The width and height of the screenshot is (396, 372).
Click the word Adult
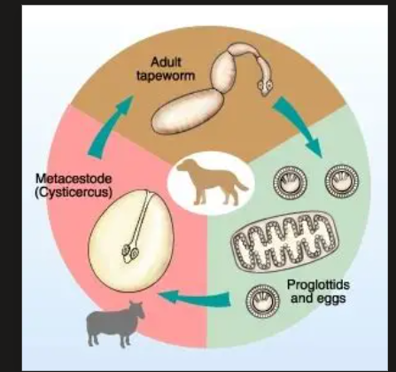[x=166, y=62]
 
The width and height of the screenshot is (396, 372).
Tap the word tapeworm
[x=166, y=76]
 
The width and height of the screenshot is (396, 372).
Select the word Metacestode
[x=74, y=179]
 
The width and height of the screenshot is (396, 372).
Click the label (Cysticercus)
[x=74, y=192]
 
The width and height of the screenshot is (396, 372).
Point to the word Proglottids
[x=318, y=285]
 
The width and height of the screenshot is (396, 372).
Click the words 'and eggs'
[x=318, y=298]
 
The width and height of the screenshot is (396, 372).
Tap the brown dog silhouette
[x=212, y=182]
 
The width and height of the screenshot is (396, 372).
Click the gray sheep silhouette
[x=115, y=324]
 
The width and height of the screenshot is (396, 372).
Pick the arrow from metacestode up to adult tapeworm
[x=110, y=124]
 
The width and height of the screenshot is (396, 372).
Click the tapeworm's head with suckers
[x=265, y=86]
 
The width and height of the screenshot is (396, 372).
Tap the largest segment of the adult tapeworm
[x=188, y=111]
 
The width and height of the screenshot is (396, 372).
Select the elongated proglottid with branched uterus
[x=285, y=241]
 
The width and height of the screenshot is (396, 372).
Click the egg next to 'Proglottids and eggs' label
[x=262, y=301]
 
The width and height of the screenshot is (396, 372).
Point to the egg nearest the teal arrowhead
[x=342, y=181]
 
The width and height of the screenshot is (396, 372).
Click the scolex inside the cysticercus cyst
[x=130, y=253]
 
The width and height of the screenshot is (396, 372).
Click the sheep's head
[x=137, y=310]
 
